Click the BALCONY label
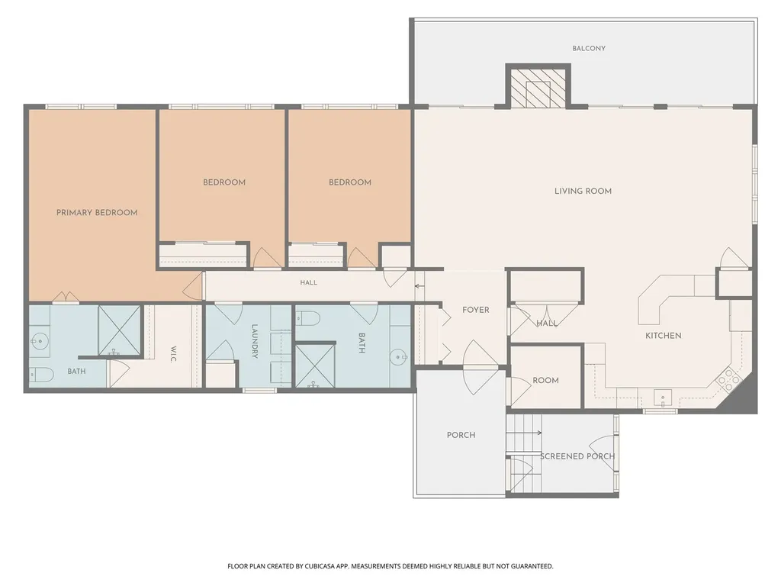[x=589, y=48]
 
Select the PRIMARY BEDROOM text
[x=97, y=213]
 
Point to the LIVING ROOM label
[x=583, y=191]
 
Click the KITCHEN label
[x=664, y=336]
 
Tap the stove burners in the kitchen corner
[x=730, y=378]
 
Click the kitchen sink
[x=663, y=398]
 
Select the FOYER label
[x=476, y=310]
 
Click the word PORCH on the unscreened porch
[x=461, y=435]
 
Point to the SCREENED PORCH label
[x=578, y=456]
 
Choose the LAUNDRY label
[x=255, y=341]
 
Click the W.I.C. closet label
[x=174, y=354]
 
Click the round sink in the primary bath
[x=38, y=341]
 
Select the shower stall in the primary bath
[x=119, y=330]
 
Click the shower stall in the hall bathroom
[x=315, y=365]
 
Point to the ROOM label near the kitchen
[x=545, y=380]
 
